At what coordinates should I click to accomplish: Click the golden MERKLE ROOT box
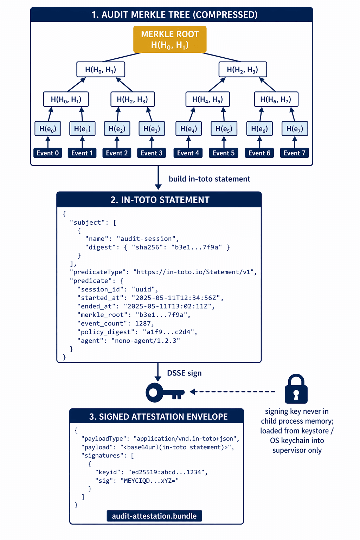pos(170,39)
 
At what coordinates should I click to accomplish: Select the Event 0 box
pos(48,153)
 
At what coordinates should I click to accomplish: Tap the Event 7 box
pos(294,153)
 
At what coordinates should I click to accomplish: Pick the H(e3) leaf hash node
pos(152,129)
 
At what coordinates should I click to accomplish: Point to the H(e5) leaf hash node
pos(224,129)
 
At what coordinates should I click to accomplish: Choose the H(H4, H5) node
pos(207,99)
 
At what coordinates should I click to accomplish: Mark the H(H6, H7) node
pos(276,99)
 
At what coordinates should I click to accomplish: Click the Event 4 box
pos(188,153)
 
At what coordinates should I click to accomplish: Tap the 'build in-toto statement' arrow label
pos(209,179)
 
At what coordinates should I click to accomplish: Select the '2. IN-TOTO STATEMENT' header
pos(159,200)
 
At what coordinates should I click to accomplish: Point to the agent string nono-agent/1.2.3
pos(146,341)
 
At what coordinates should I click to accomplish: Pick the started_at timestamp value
pos(175,298)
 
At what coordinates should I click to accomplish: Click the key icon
pos(164,392)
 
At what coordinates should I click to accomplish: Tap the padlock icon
pos(296,389)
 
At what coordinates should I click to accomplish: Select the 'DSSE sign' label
pos(184,373)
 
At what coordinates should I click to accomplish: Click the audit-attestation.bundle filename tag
pos(154,516)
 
